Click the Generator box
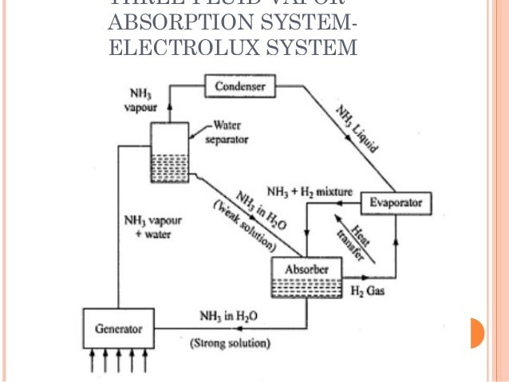point(118,329)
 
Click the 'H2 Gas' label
point(368,291)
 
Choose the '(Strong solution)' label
point(230,344)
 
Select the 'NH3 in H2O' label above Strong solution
point(228,316)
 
